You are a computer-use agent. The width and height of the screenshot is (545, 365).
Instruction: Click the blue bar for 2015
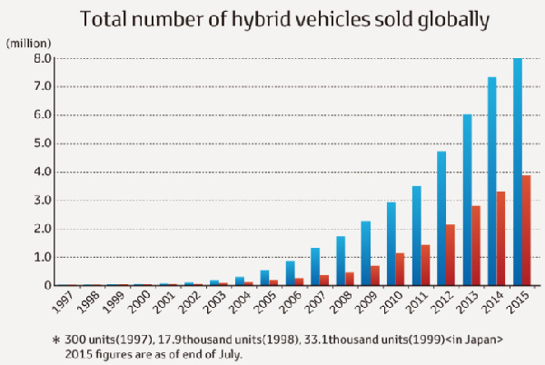point(518,173)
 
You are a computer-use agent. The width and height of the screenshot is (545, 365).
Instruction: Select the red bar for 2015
point(527,231)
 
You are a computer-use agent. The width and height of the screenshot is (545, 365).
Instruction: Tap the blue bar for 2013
point(467,200)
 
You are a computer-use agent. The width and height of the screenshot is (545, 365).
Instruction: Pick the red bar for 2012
point(451,255)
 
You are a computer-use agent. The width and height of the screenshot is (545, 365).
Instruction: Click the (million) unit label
point(28,42)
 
